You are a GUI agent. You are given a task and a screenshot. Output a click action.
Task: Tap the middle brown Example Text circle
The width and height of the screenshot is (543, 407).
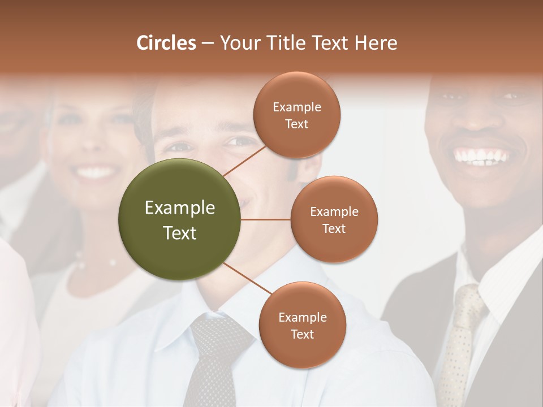(x=334, y=243)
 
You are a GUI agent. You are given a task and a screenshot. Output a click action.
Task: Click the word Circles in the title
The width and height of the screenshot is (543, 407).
(x=166, y=43)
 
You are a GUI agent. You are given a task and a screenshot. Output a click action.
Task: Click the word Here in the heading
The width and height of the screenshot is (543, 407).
(x=376, y=43)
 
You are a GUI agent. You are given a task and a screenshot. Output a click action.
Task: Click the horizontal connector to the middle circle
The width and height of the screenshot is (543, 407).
(x=265, y=219)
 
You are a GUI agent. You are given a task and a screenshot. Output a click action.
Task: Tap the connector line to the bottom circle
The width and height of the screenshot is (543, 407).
(x=247, y=279)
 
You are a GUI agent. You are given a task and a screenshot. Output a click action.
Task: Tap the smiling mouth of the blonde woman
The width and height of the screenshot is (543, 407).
(x=96, y=171)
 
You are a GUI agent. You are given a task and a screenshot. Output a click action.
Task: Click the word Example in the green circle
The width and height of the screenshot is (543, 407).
(x=180, y=208)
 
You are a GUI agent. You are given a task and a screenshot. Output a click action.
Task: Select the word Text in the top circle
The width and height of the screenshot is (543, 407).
(x=296, y=124)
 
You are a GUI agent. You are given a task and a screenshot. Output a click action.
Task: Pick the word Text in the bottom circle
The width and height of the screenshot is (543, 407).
(x=302, y=334)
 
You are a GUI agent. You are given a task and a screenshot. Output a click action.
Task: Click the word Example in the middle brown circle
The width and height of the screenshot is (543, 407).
(x=334, y=212)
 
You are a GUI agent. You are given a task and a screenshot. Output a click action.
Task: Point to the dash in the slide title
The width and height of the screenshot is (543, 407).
(x=208, y=43)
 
